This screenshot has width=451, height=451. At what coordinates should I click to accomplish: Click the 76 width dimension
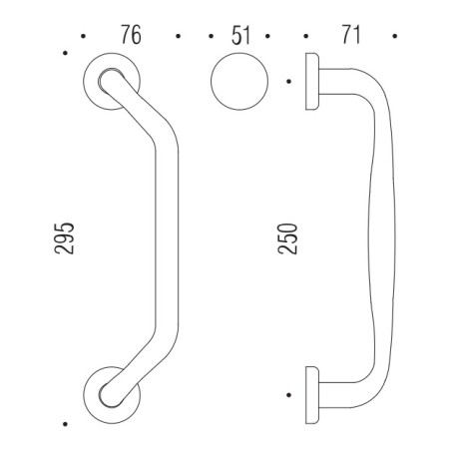129,37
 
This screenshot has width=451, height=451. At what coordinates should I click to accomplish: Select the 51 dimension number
240,37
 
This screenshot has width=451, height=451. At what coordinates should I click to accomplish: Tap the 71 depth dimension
349,37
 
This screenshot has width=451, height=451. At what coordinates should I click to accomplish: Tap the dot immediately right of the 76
177,39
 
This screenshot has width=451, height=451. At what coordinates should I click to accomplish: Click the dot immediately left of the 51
213,39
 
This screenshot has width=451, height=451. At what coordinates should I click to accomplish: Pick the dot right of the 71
397,39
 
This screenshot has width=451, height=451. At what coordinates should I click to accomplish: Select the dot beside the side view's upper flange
288,81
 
